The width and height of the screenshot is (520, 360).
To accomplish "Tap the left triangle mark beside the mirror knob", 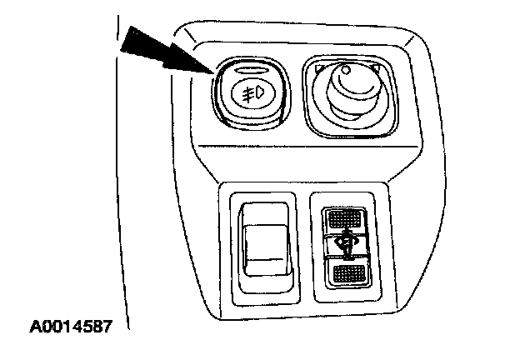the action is pos(320,67).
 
